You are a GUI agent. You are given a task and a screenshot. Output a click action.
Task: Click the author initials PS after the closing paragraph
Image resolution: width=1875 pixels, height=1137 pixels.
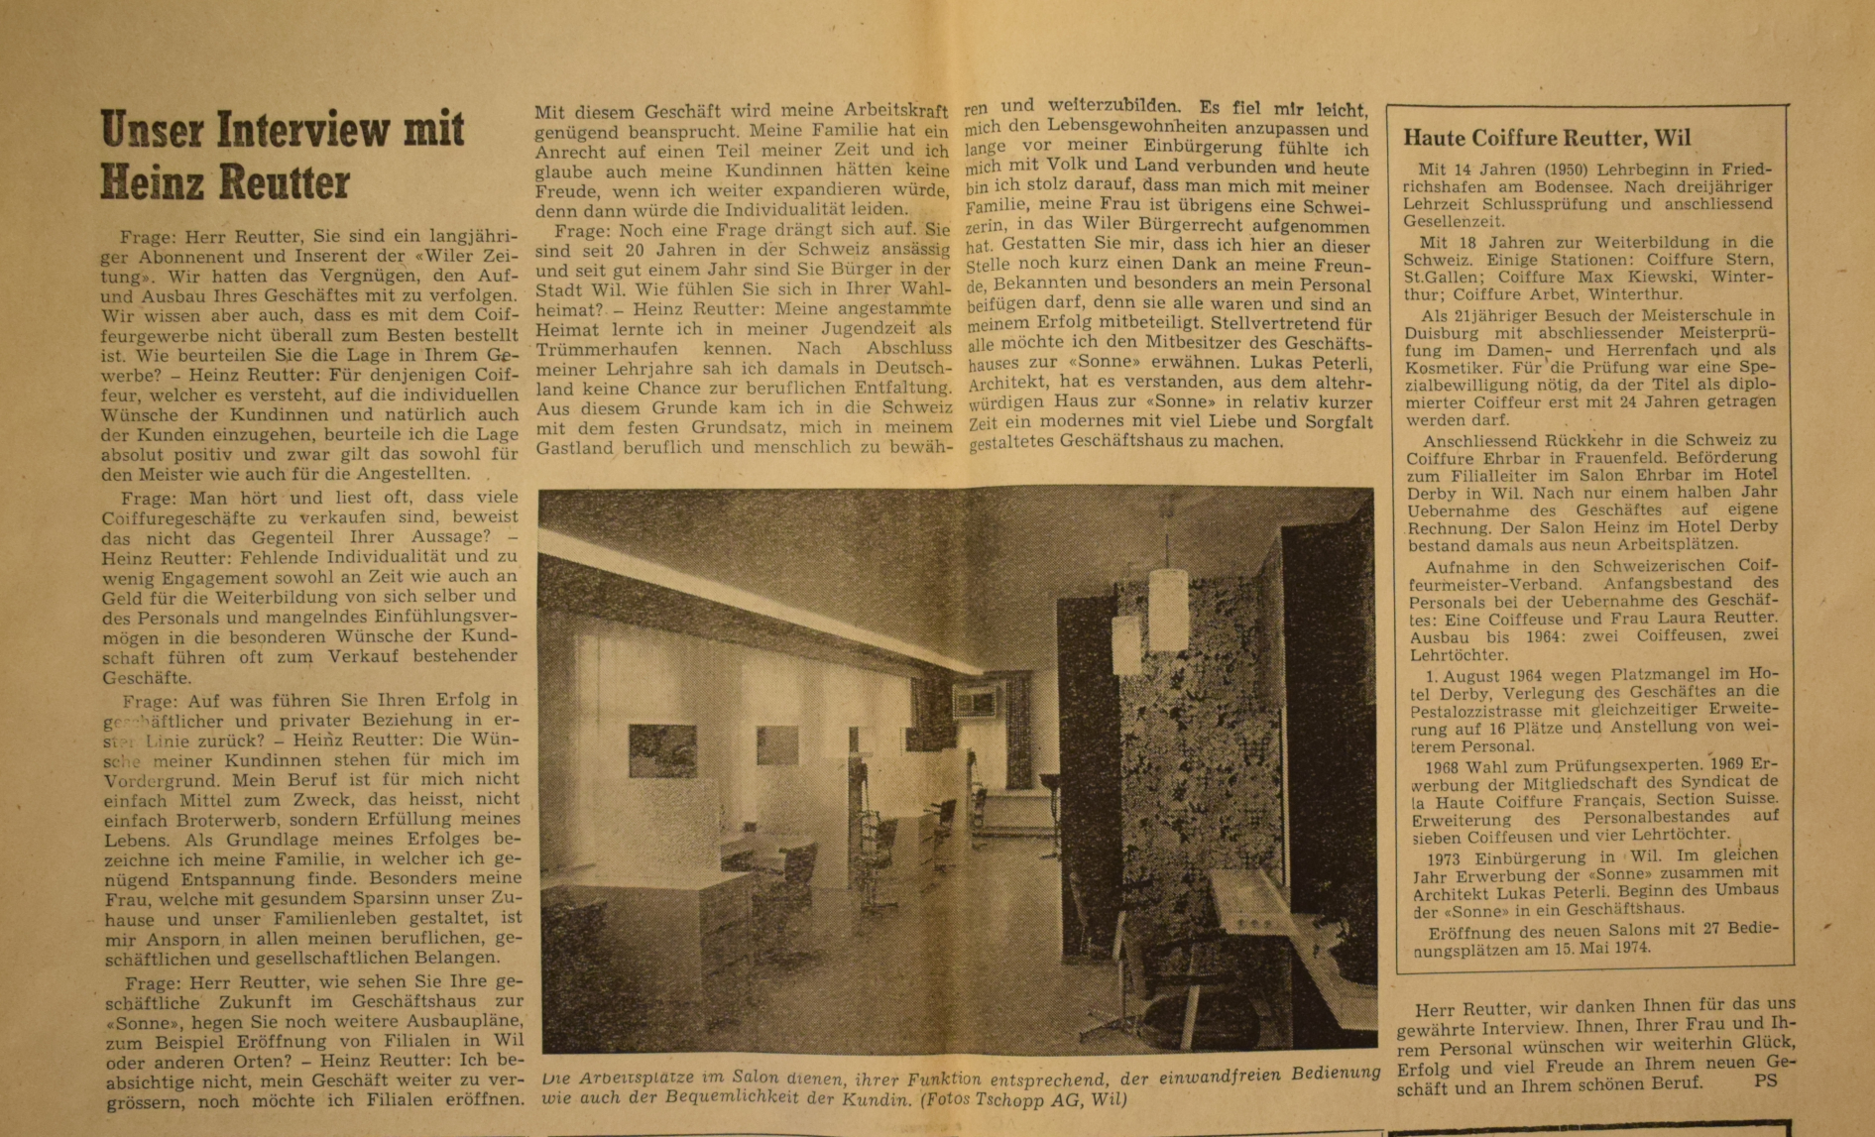pos(1765,1081)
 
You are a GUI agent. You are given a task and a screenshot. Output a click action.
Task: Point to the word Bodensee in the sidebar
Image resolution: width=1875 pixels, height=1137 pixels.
pos(1544,187)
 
